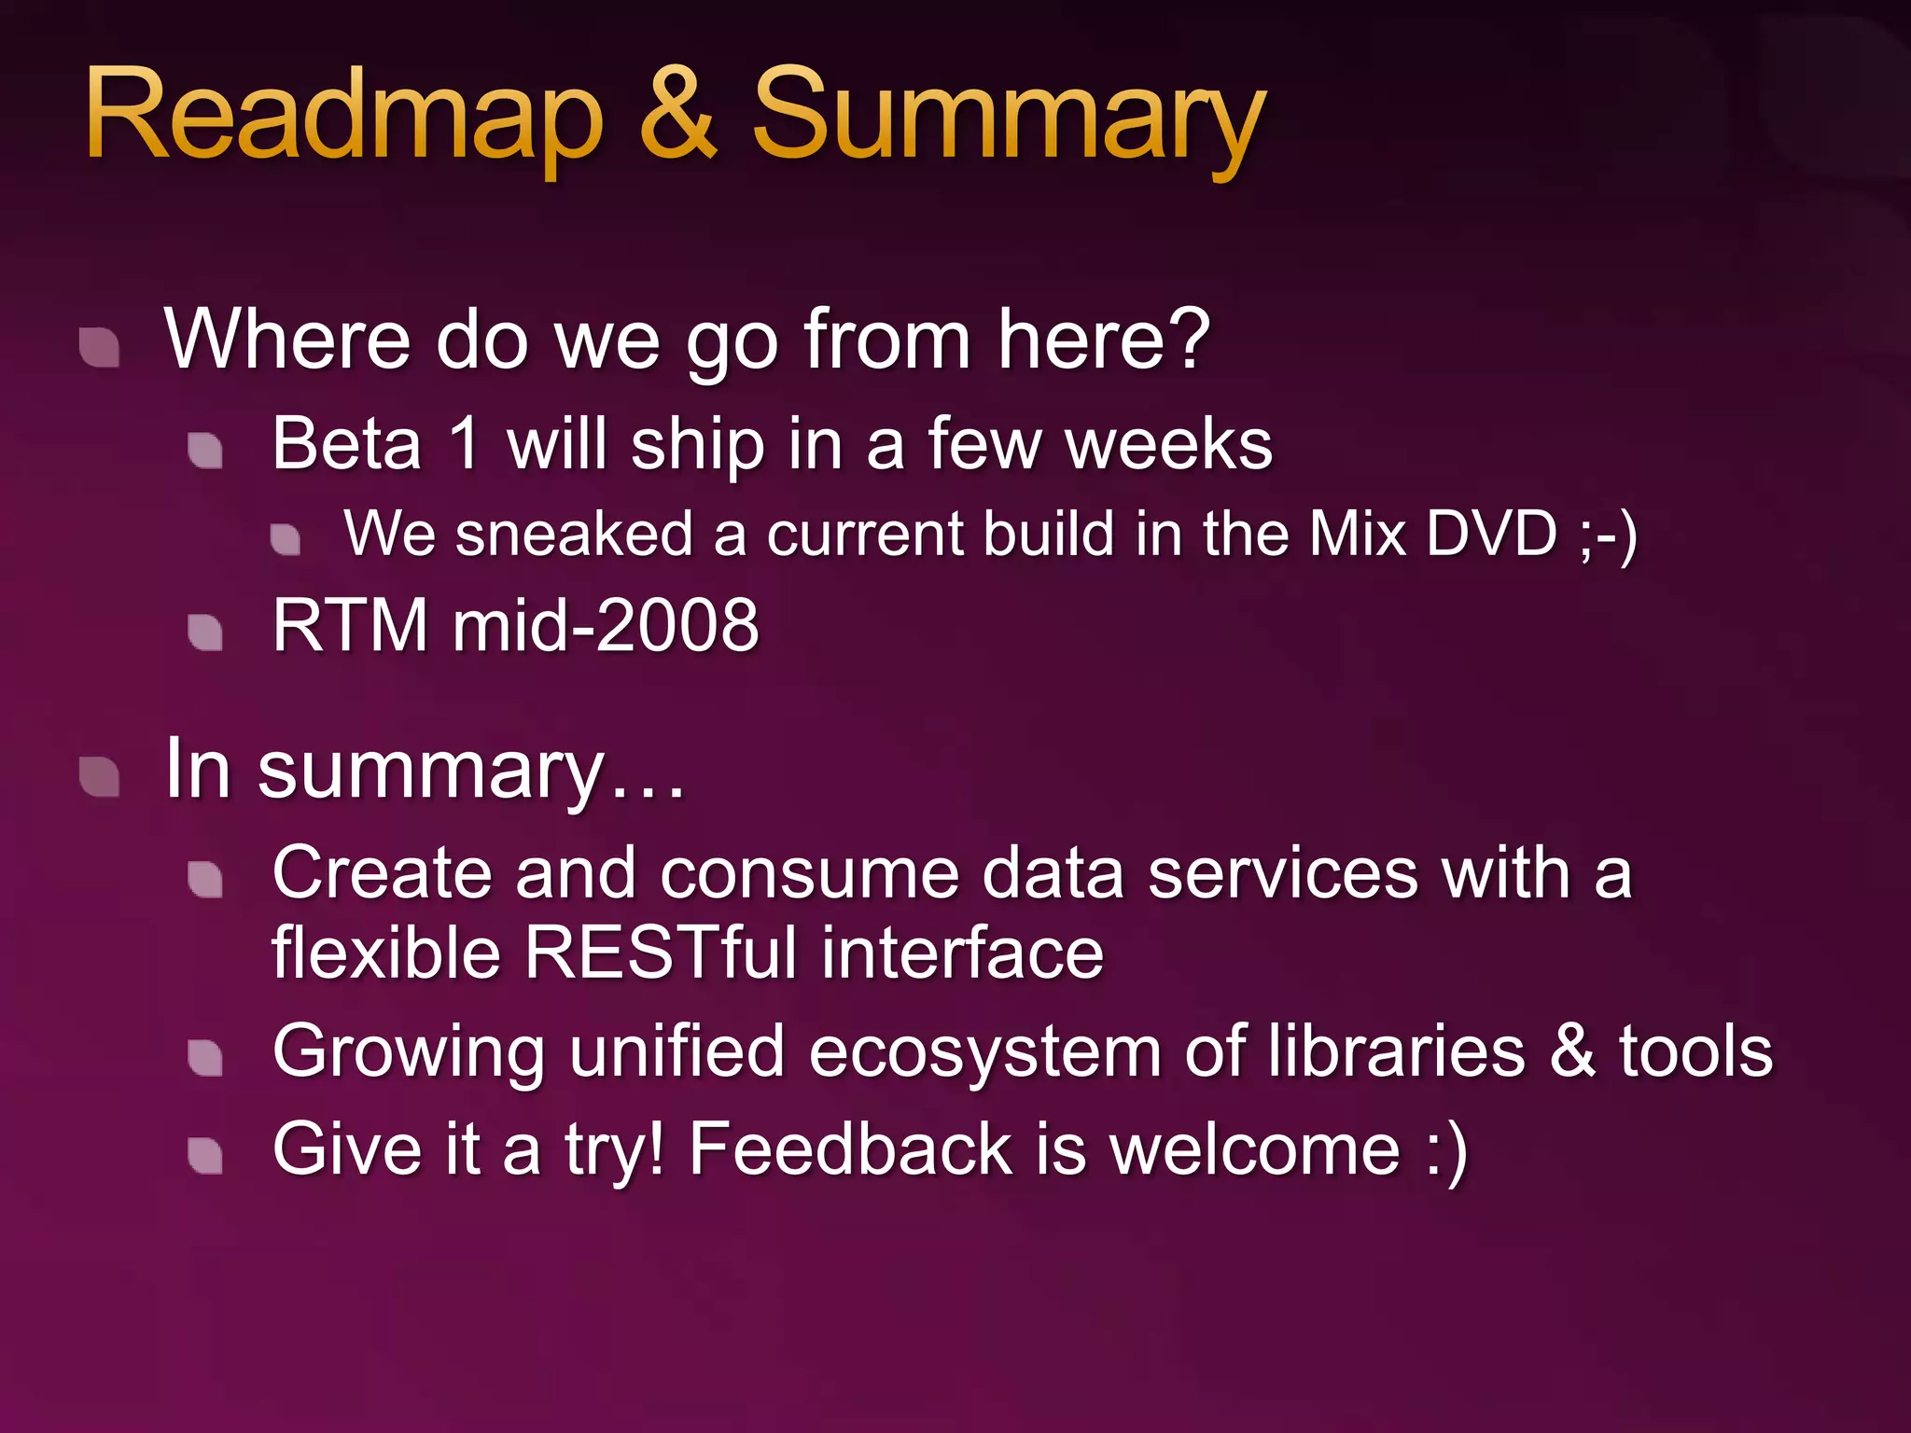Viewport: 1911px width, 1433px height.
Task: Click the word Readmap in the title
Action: [x=343, y=117]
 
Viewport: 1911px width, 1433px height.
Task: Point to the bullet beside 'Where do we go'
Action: [x=100, y=348]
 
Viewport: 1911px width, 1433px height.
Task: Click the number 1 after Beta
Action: [x=465, y=444]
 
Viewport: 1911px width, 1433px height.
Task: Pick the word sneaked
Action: [x=573, y=534]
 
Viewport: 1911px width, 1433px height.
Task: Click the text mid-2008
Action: [x=606, y=625]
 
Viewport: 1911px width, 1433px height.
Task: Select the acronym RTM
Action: [x=350, y=625]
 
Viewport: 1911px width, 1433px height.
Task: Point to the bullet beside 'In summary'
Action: [x=100, y=777]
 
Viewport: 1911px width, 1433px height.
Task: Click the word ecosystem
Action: [x=984, y=1052]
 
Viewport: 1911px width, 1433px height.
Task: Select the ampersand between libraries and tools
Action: [x=1572, y=1050]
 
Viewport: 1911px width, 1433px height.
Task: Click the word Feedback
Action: [x=850, y=1148]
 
